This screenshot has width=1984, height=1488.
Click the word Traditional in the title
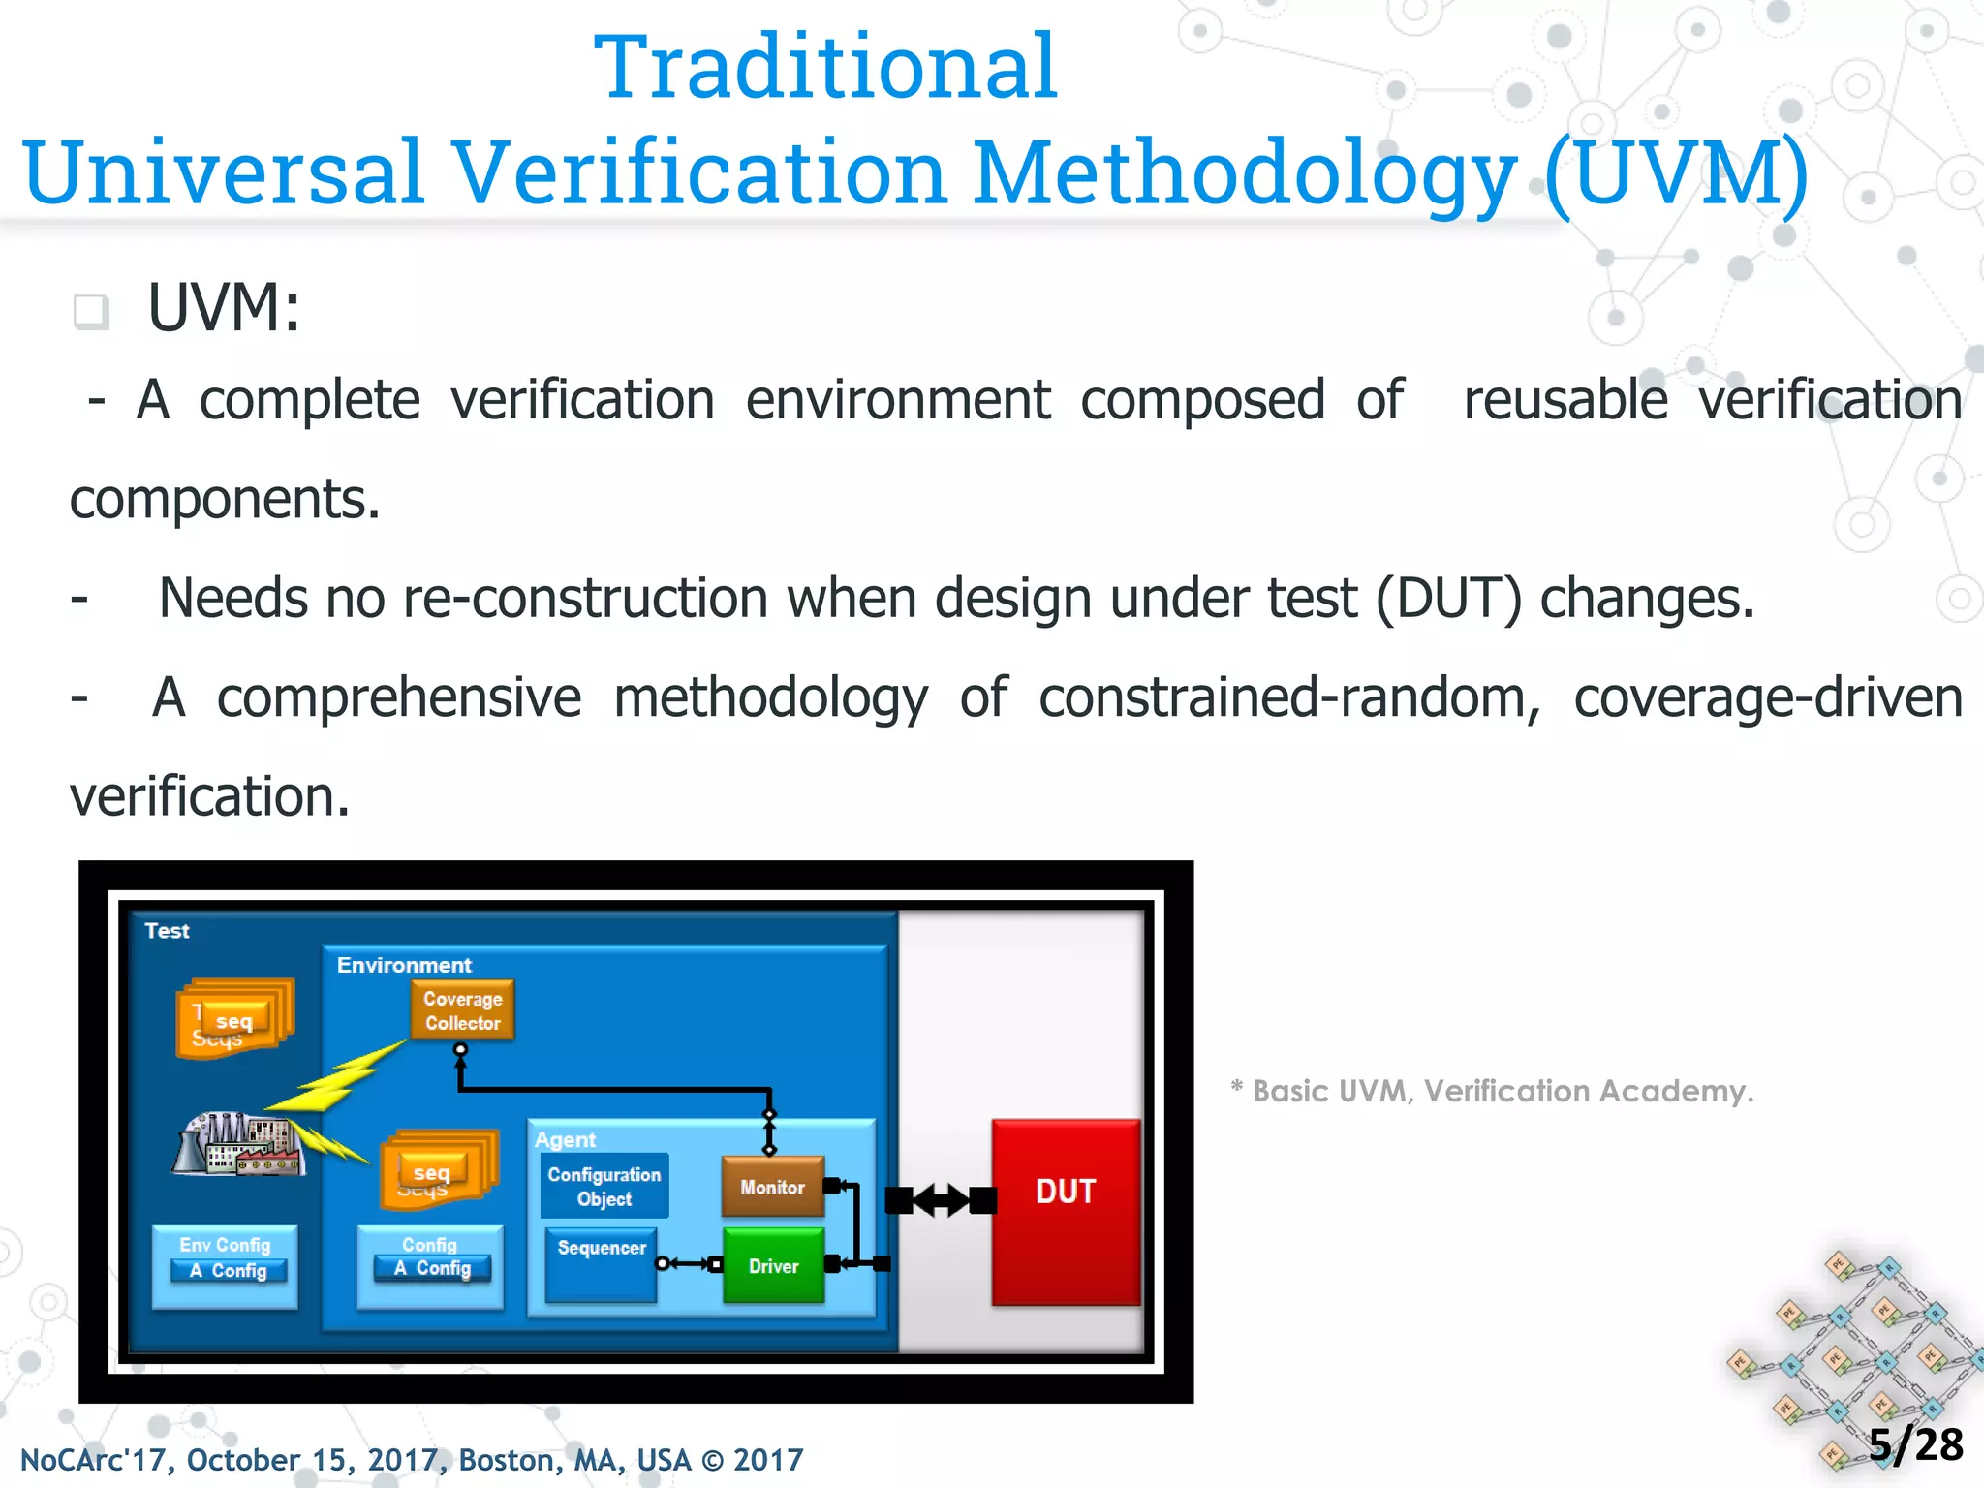[825, 67]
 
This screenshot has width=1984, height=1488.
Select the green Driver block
[773, 1265]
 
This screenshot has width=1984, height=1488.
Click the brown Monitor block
[772, 1187]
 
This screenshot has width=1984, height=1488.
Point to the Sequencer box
[601, 1263]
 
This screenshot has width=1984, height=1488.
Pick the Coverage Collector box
[462, 1010]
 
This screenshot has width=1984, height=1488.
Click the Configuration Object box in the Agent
[604, 1186]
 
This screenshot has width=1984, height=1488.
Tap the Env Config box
[225, 1265]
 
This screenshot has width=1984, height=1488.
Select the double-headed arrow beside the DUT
[941, 1200]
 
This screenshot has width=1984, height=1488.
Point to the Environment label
[404, 965]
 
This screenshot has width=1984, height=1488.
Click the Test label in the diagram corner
[167, 931]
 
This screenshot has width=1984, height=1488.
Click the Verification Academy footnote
[1492, 1091]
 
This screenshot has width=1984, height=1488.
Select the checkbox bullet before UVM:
[91, 311]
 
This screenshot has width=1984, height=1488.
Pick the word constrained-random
[1288, 697]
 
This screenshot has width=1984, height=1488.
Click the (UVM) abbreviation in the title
[1676, 172]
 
